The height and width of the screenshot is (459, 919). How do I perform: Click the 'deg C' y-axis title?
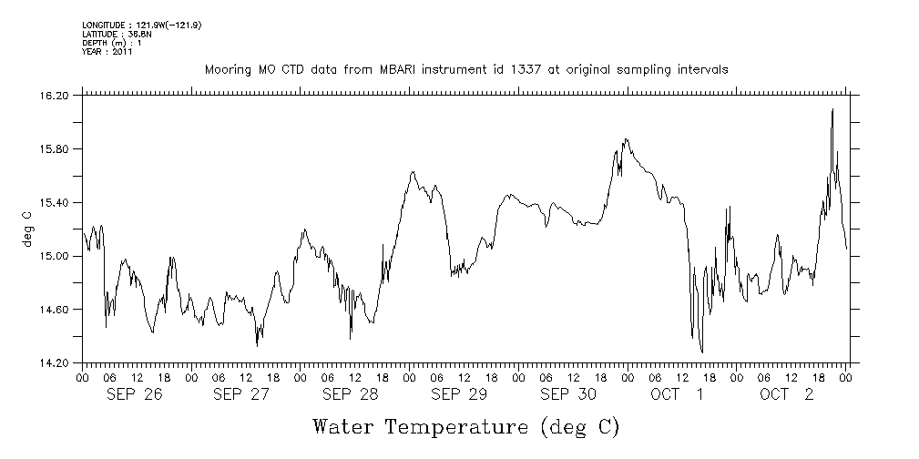[x=26, y=229]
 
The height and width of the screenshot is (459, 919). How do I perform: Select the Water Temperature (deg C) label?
[x=465, y=426]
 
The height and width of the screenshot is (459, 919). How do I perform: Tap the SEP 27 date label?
[x=241, y=394]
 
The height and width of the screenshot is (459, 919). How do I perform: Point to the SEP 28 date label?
[x=351, y=394]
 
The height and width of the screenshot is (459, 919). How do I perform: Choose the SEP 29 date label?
[x=459, y=394]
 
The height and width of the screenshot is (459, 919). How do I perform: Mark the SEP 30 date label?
[x=568, y=394]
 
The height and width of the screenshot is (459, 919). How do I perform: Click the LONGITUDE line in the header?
[x=141, y=25]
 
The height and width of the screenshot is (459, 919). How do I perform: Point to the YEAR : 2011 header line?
[x=107, y=52]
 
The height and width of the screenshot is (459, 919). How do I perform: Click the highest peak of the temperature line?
[x=832, y=109]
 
